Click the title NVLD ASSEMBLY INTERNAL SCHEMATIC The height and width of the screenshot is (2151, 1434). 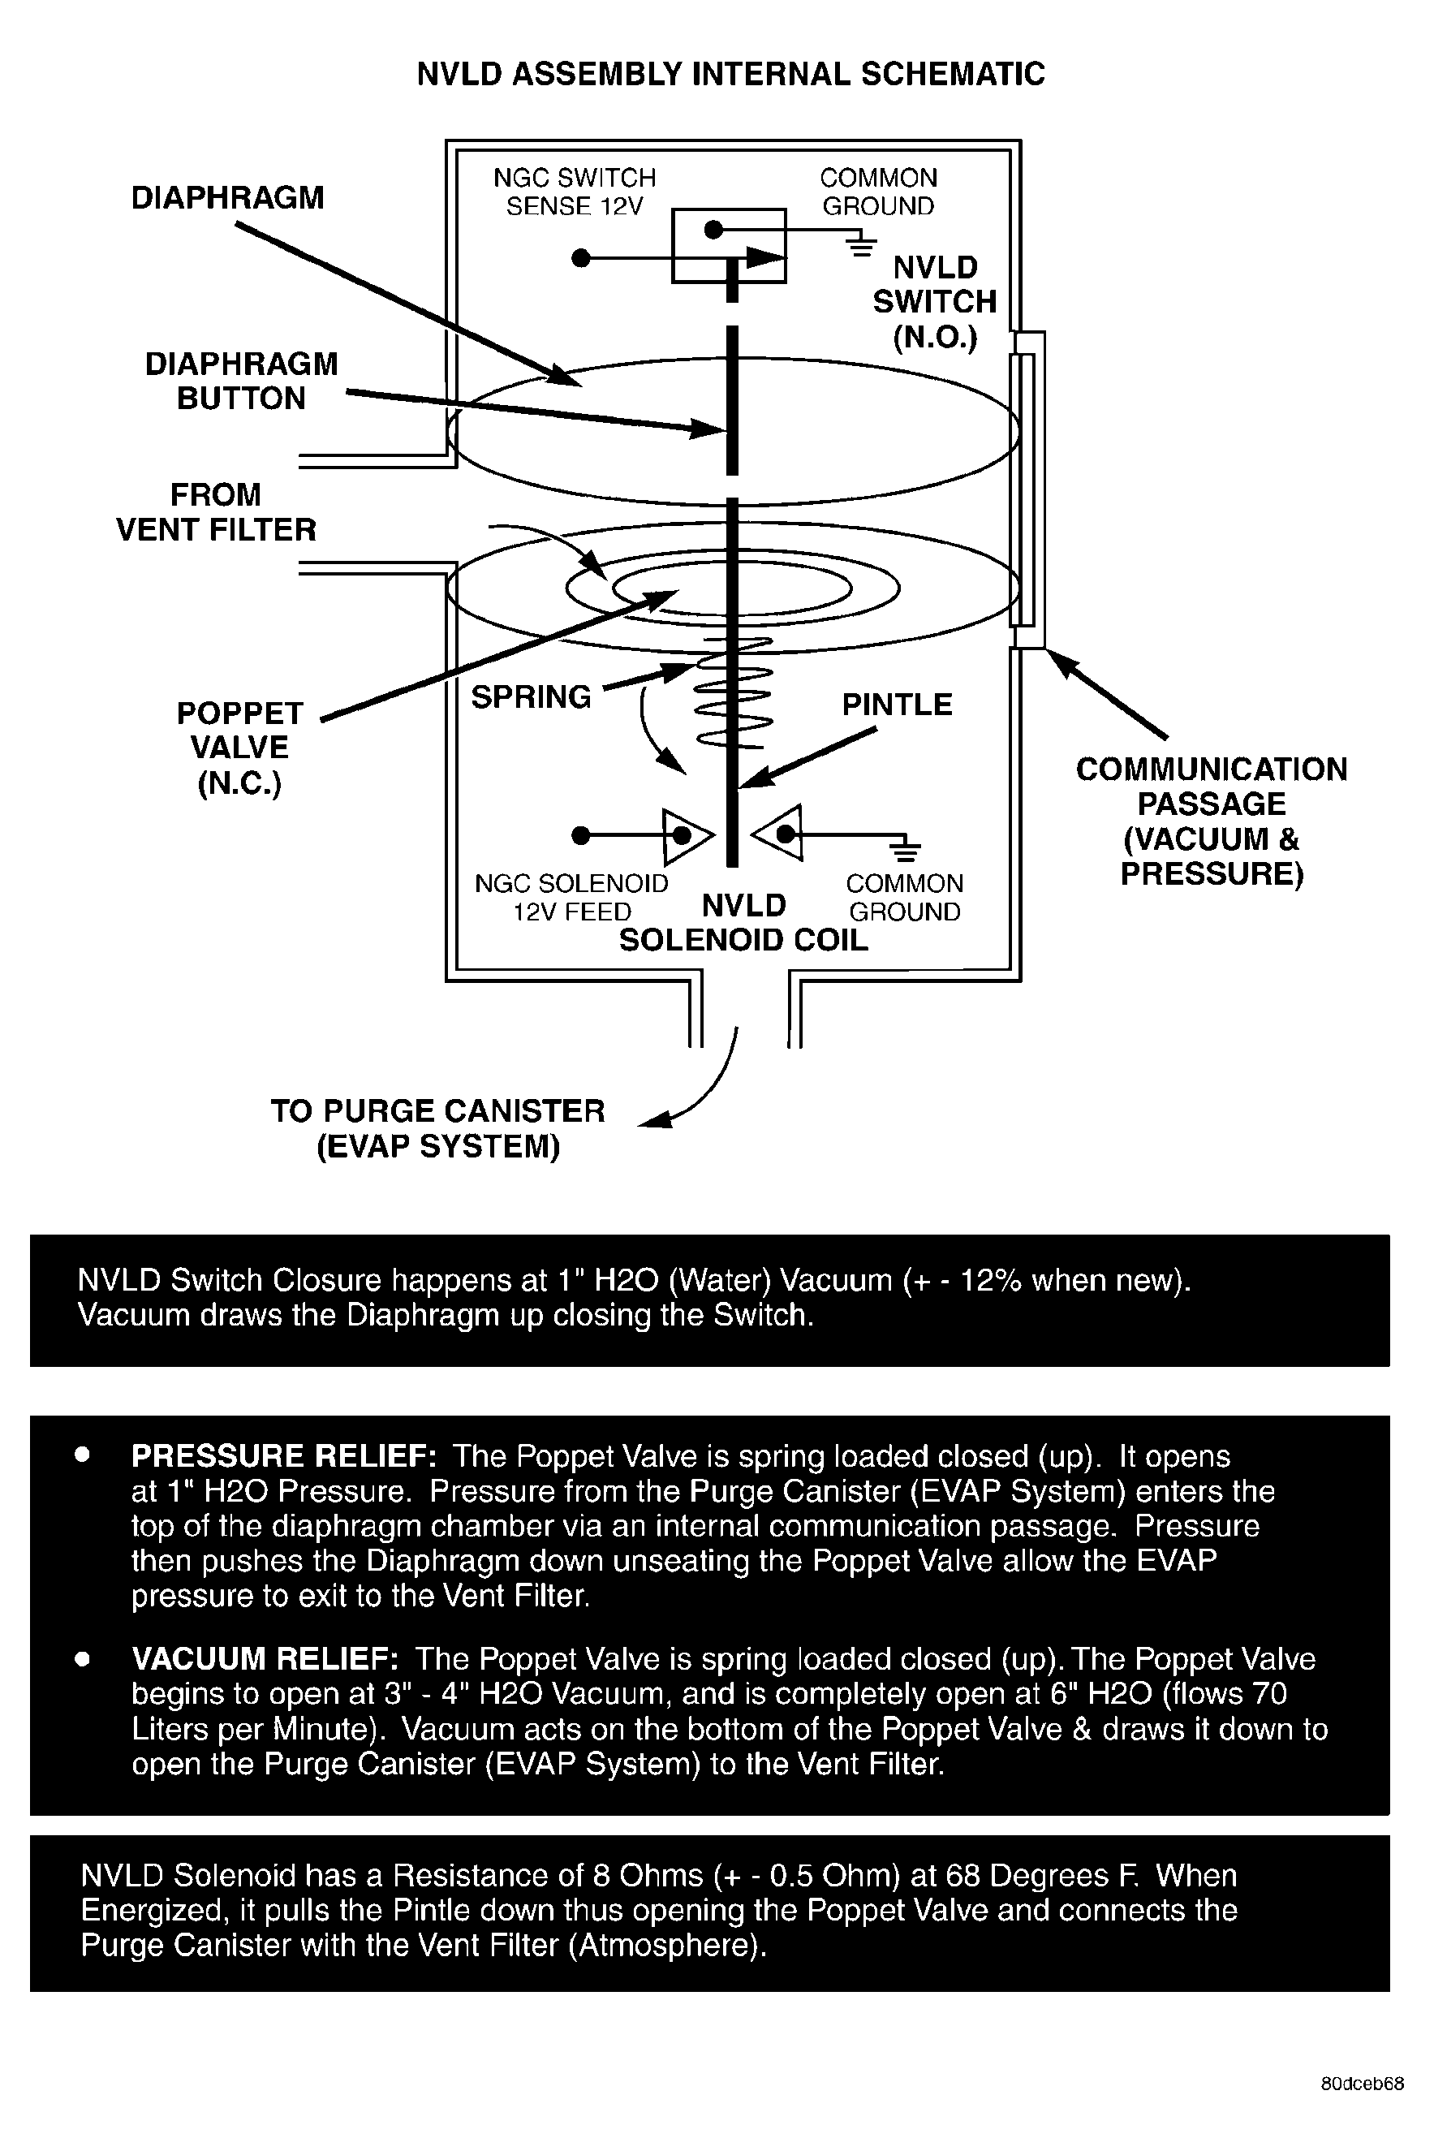[x=730, y=74]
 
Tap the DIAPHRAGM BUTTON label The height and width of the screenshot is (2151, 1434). [x=242, y=381]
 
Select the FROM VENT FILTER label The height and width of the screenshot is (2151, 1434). [x=216, y=512]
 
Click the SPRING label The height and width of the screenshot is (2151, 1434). [x=531, y=697]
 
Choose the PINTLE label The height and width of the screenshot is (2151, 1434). [x=896, y=705]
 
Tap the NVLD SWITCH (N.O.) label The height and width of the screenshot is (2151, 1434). [x=935, y=302]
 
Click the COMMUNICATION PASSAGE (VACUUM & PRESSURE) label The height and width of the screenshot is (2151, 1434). [x=1211, y=821]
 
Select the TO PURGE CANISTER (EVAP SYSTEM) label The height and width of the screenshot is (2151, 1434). [x=437, y=1128]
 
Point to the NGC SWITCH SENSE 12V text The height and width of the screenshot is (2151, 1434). [x=575, y=191]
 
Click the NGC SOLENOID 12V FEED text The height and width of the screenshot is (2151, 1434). [x=571, y=897]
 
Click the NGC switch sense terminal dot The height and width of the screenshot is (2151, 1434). [x=579, y=259]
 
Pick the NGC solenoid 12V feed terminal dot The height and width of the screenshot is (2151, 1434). [x=579, y=835]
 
